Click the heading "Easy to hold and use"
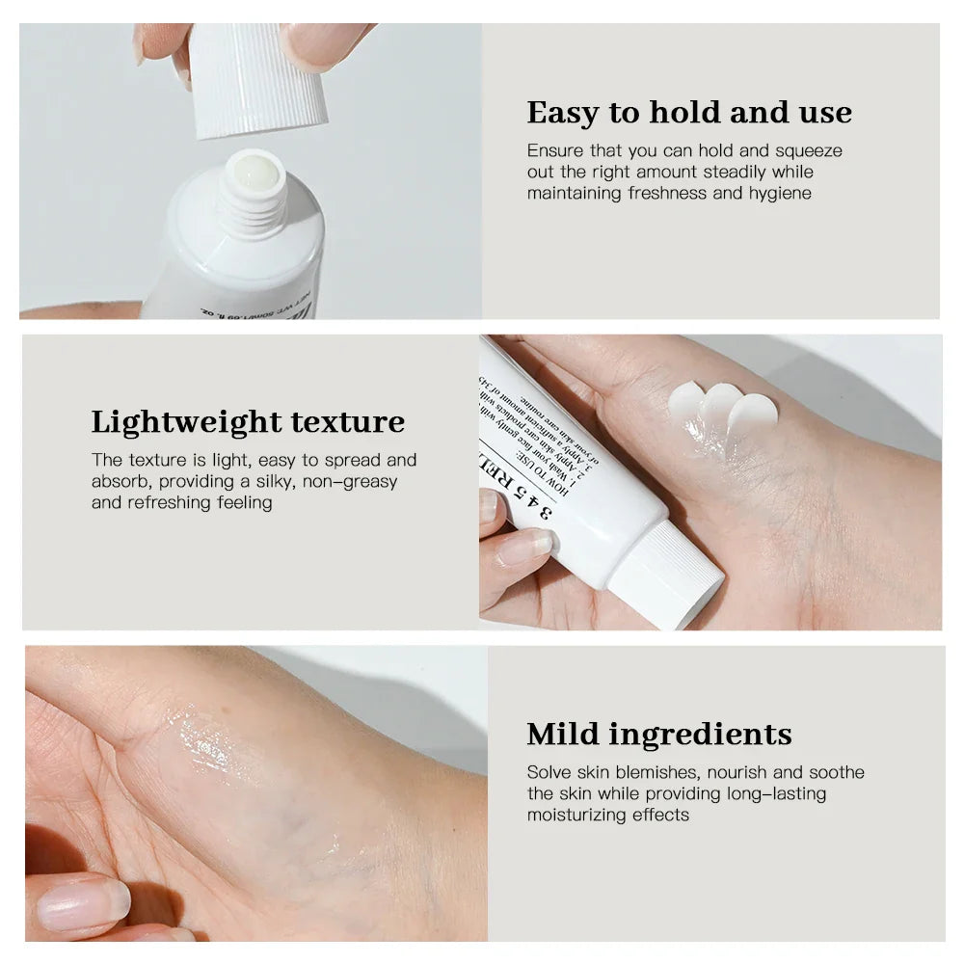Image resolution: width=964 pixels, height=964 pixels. click(689, 113)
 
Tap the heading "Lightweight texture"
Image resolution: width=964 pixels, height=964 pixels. click(248, 422)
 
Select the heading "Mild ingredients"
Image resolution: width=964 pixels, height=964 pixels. click(659, 734)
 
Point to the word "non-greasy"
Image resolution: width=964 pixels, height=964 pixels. click(349, 481)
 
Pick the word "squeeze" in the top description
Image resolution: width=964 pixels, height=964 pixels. click(809, 150)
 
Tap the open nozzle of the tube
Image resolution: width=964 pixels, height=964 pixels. click(253, 172)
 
